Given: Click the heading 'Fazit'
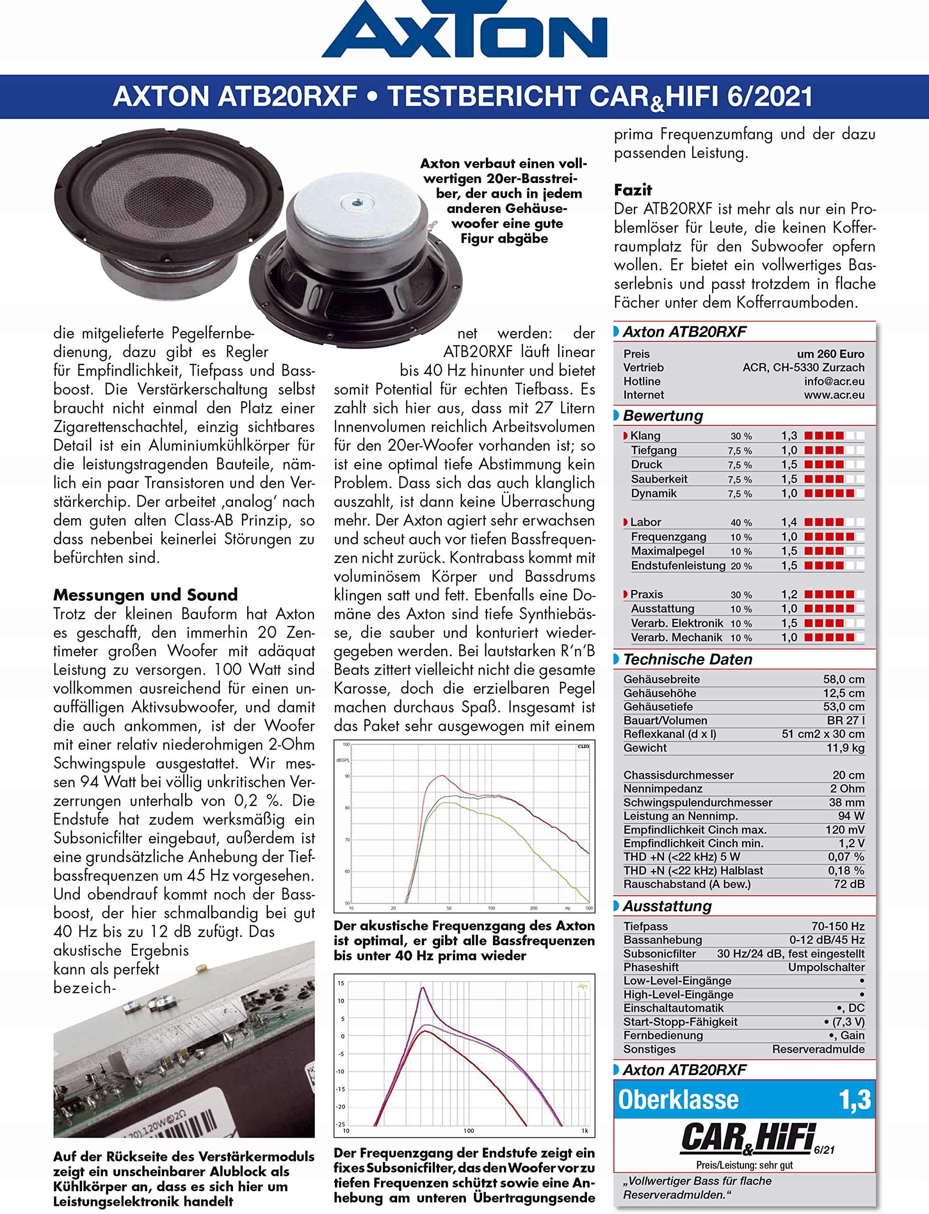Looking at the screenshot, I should coord(632,190).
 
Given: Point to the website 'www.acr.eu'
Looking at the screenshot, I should coord(834,395).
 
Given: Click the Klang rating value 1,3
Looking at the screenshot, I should coord(789,435).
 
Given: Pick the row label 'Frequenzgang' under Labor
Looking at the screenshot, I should coord(669,536).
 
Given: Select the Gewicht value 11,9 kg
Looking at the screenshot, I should coord(845,748).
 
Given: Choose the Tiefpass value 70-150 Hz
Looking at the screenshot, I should coord(838,926).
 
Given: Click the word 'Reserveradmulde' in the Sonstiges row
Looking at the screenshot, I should coord(818,1049).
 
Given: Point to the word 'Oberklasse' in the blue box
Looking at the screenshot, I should coord(678,1100).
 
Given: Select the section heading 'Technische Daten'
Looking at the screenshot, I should coord(687,659).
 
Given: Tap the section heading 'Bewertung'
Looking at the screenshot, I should coord(662,415).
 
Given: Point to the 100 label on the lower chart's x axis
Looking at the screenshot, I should coord(468,1131).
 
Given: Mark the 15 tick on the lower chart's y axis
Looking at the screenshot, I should coord(341,983).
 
